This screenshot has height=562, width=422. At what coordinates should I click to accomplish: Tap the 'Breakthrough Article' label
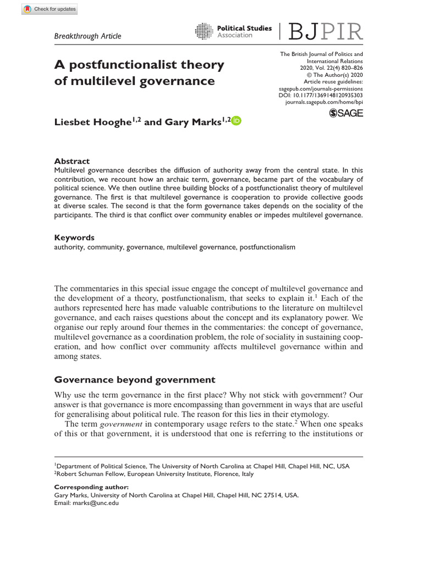(x=88, y=36)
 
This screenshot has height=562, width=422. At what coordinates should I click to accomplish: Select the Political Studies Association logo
(x=234, y=31)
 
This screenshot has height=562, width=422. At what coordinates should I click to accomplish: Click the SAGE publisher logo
(x=346, y=113)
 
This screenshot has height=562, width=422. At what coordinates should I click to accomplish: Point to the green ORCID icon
(x=236, y=121)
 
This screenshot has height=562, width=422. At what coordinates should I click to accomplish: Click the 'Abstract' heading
(x=71, y=161)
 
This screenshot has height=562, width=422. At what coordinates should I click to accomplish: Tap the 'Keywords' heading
(x=74, y=238)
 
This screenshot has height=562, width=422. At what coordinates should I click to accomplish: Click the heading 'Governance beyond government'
(x=134, y=380)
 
